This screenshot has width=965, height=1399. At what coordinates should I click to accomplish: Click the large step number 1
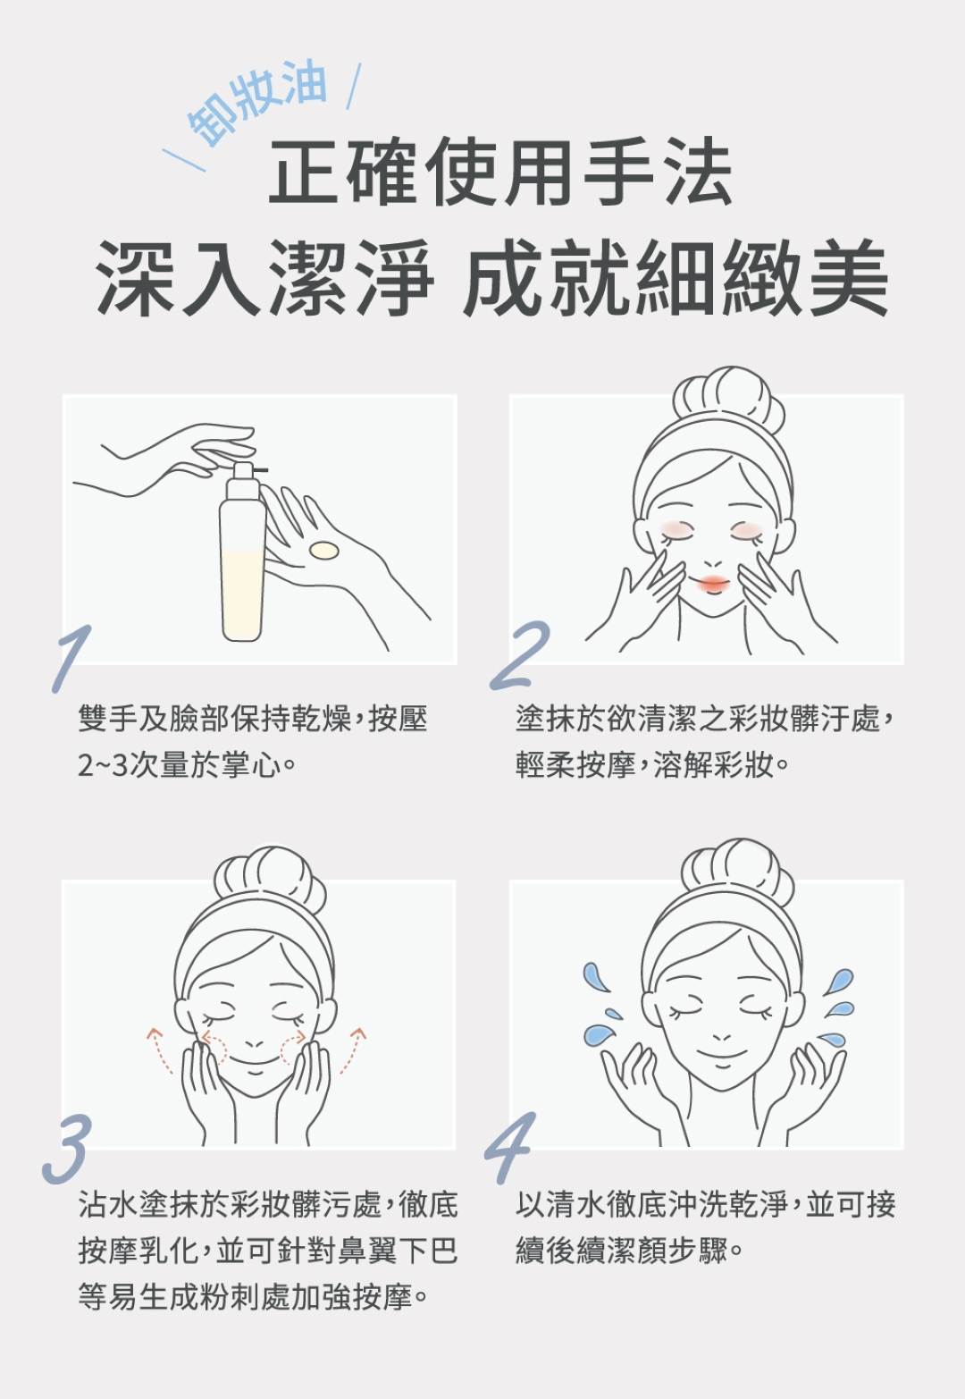point(71,658)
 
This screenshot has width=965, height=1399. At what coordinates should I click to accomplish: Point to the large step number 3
point(67,1150)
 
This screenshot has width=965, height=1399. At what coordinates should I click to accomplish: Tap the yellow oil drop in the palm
point(324,551)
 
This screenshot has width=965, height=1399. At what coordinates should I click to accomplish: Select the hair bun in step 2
point(729,398)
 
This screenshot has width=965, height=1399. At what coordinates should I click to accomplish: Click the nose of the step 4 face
point(722,1037)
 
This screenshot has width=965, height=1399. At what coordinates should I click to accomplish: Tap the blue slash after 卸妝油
point(353,86)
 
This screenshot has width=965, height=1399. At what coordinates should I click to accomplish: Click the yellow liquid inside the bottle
point(242,594)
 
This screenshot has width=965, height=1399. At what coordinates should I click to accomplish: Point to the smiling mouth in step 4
point(722,1056)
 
